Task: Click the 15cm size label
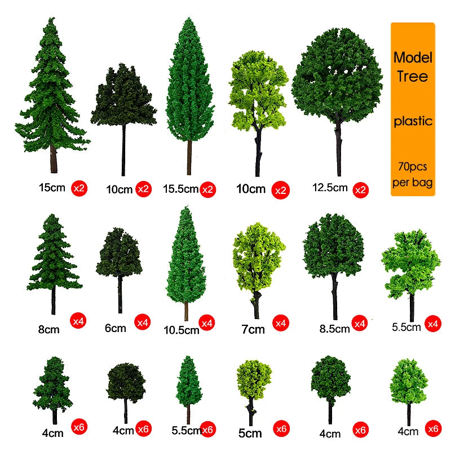pos(52,188)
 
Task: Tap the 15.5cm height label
pos(180,189)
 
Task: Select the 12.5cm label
pos(330,188)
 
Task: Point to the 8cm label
pos(48,329)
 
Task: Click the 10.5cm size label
pos(181,330)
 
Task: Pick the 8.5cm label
pos(334,329)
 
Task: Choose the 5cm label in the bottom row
pos(250,433)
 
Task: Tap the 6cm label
pos(116,328)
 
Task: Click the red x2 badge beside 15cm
pos(79,188)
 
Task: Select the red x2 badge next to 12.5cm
pos(360,190)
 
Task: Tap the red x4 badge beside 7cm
pos(280,323)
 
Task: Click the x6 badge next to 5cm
pos(281,429)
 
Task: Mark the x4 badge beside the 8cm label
pos(78,321)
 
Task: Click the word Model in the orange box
pos(413,58)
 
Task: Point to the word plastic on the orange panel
pos(413,121)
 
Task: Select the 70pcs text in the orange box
pos(413,166)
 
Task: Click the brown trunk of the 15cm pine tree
pos(54,159)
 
